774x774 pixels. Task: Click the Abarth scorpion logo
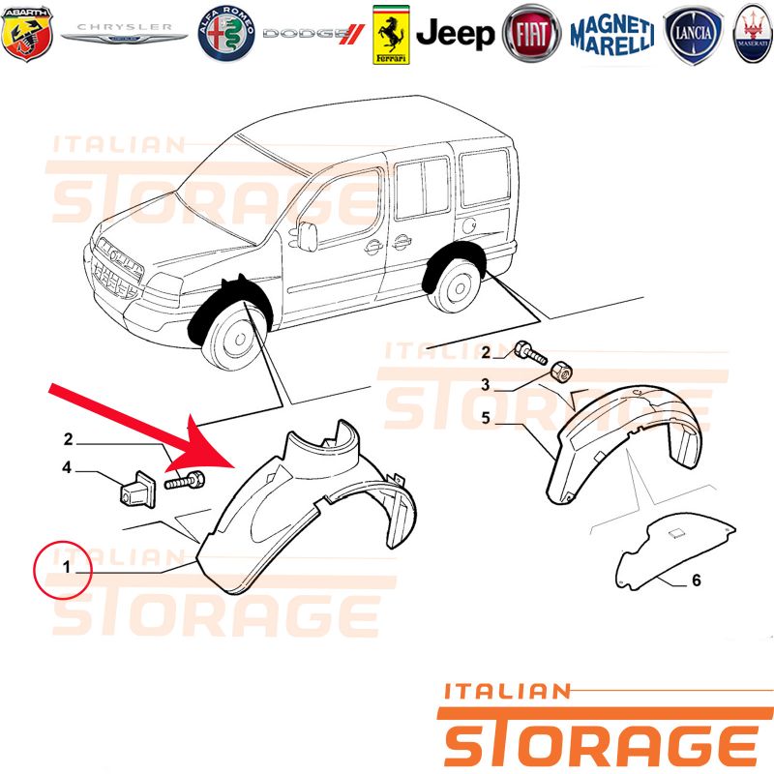(27, 34)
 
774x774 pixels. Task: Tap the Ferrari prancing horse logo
(391, 35)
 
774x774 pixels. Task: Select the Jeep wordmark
(455, 34)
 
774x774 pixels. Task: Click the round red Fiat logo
(531, 34)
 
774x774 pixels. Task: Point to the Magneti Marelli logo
(612, 35)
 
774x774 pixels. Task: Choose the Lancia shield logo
(693, 34)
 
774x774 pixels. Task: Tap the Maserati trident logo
(754, 34)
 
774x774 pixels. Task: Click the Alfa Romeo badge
(226, 34)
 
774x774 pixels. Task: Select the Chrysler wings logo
(124, 33)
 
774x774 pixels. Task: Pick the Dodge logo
(313, 34)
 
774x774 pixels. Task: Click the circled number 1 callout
(63, 570)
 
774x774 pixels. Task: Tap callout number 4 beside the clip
(67, 467)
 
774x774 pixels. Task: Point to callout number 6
(696, 580)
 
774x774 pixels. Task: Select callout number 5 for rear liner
(486, 418)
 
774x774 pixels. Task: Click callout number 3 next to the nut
(486, 384)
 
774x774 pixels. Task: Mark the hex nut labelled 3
(561, 371)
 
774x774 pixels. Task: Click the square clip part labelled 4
(138, 490)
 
